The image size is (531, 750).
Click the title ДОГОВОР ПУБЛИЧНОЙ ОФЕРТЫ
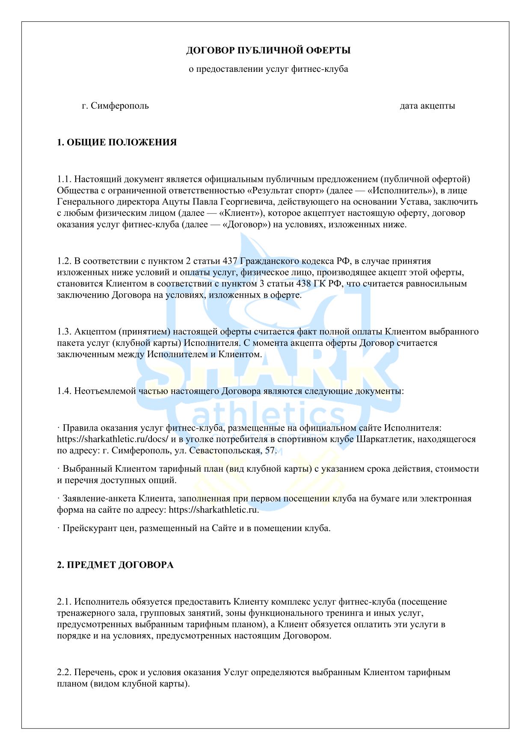click(268, 50)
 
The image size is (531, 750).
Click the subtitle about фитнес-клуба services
click(268, 69)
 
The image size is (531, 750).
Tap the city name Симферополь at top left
click(120, 106)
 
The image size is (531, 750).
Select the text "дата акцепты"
click(427, 106)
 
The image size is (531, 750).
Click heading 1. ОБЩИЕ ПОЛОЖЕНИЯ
click(117, 142)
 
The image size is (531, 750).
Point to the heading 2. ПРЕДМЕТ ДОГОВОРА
click(115, 565)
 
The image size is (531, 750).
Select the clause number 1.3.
click(64, 332)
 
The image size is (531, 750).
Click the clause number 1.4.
click(64, 391)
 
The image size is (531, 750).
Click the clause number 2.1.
click(64, 602)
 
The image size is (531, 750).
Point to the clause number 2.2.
click(64, 672)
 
